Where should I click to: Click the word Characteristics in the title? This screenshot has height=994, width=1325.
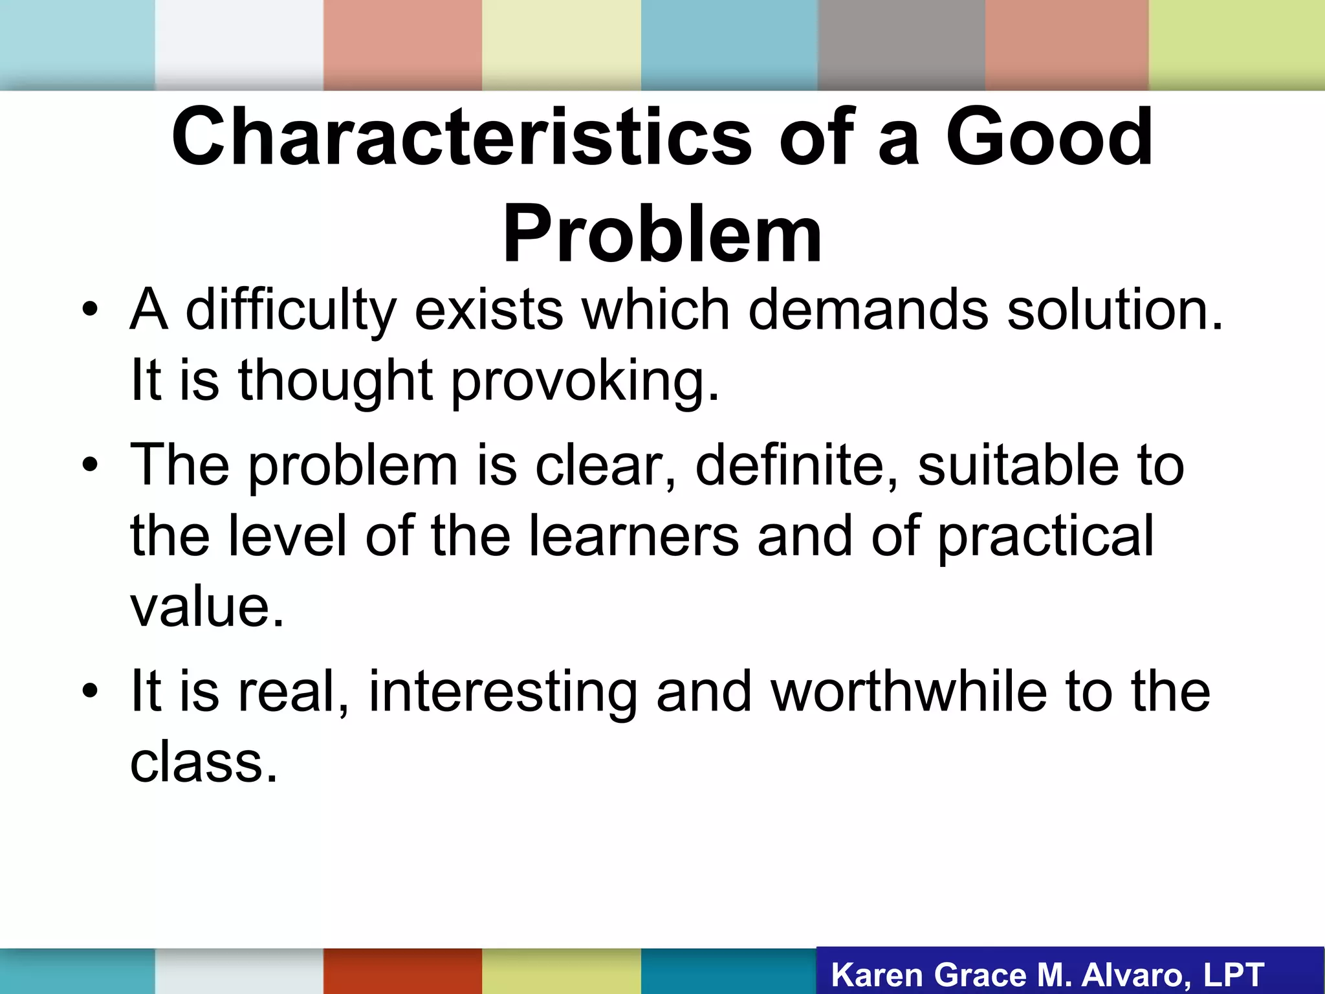click(461, 138)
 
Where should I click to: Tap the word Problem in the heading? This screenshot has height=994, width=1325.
click(662, 234)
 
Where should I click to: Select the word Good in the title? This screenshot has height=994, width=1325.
click(1049, 138)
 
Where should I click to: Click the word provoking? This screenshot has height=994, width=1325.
click(584, 381)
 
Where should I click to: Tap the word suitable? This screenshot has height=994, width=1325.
click(1018, 465)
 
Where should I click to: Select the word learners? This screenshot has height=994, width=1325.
click(633, 536)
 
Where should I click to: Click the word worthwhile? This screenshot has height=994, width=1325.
click(908, 691)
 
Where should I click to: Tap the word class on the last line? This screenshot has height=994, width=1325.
click(203, 762)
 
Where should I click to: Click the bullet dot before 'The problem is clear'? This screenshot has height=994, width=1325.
click(90, 465)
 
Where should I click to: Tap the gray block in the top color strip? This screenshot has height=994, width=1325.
click(901, 44)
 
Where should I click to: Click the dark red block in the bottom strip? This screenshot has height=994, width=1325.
click(402, 971)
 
